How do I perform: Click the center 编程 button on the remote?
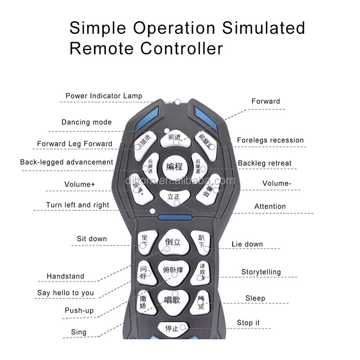175,166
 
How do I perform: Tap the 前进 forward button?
175,138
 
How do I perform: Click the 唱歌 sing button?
171,299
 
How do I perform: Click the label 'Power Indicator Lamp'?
104,96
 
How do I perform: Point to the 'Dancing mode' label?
86,122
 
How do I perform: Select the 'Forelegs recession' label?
270,140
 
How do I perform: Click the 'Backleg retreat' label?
265,163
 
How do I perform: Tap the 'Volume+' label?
80,184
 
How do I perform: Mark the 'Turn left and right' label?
77,205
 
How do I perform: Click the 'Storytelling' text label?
261,272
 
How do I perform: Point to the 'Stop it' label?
248,323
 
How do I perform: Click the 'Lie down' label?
247,244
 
